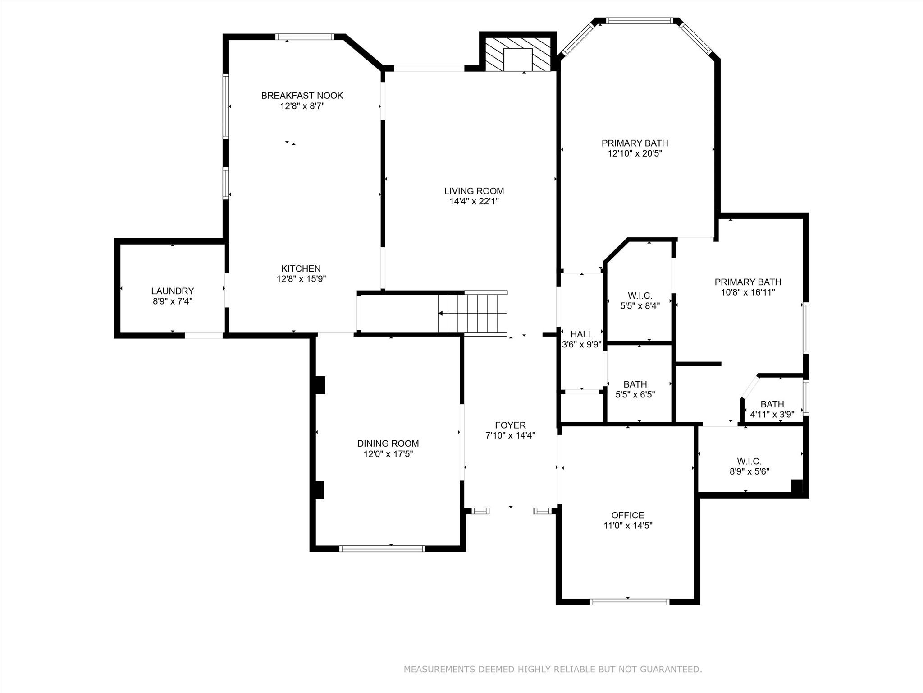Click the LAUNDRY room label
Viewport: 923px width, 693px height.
172,291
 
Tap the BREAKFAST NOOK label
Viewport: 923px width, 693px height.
302,96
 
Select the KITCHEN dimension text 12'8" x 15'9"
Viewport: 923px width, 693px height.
301,279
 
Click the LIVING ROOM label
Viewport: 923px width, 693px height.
474,191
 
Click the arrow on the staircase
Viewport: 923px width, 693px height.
441,313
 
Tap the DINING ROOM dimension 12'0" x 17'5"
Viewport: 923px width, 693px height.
388,454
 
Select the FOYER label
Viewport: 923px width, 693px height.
510,425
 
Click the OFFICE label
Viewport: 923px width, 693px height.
627,515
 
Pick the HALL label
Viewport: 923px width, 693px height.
581,334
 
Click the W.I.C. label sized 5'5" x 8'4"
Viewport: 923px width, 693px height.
640,296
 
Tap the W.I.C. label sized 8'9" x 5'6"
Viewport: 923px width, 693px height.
749,461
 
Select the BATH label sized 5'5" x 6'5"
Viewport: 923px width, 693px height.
635,384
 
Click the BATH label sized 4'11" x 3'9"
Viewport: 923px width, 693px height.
772,404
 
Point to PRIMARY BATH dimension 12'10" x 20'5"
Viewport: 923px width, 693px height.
635,153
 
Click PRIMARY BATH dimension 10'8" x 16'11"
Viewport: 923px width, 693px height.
748,292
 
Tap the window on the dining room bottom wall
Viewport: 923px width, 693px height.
382,549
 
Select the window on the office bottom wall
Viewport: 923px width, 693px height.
629,601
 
